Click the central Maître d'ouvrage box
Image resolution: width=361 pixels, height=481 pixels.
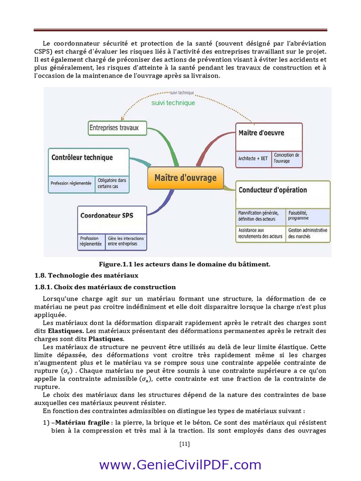click(x=186, y=178)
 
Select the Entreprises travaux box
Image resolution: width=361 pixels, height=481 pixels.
click(x=117, y=127)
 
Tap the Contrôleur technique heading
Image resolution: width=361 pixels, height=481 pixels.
click(x=82, y=157)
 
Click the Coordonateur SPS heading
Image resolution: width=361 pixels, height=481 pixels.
click(x=107, y=216)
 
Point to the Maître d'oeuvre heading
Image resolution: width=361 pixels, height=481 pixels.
click(x=261, y=133)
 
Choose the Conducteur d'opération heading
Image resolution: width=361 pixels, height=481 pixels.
click(x=273, y=190)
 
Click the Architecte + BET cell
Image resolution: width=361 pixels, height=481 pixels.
click(x=253, y=158)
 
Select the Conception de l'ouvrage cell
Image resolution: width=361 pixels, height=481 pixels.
click(x=286, y=158)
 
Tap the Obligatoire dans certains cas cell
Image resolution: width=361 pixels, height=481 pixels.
click(x=112, y=183)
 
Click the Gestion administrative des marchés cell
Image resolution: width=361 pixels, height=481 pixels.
click(x=307, y=233)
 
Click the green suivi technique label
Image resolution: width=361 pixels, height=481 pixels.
click(x=173, y=103)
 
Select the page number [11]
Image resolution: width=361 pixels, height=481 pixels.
click(x=184, y=443)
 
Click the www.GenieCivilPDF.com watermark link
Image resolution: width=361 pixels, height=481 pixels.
click(x=180, y=465)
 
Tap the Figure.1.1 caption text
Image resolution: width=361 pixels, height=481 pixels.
click(x=184, y=264)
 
